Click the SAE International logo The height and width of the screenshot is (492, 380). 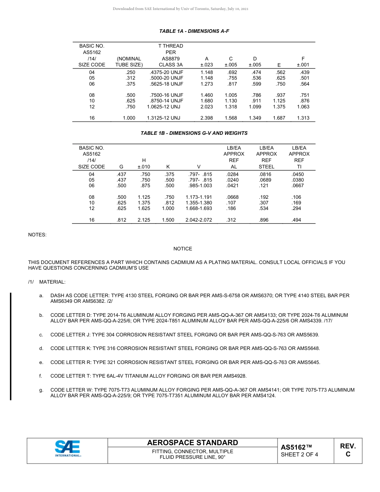click(x=68, y=448)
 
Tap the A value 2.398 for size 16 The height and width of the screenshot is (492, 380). click(x=206, y=118)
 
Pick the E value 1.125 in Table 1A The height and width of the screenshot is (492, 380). click(x=279, y=101)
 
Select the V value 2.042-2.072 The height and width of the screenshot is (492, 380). click(x=199, y=220)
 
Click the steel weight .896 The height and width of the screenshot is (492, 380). click(x=264, y=220)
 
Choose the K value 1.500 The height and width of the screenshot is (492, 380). click(x=168, y=220)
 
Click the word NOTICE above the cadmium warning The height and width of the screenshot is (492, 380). click(x=182, y=249)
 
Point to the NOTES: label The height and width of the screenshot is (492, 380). click(x=37, y=235)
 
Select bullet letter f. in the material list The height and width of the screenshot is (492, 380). click(x=41, y=376)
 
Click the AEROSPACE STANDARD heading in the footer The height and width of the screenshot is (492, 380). click(x=192, y=443)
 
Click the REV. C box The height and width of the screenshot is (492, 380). click(x=348, y=450)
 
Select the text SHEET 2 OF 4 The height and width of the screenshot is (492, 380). click(x=299, y=454)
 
